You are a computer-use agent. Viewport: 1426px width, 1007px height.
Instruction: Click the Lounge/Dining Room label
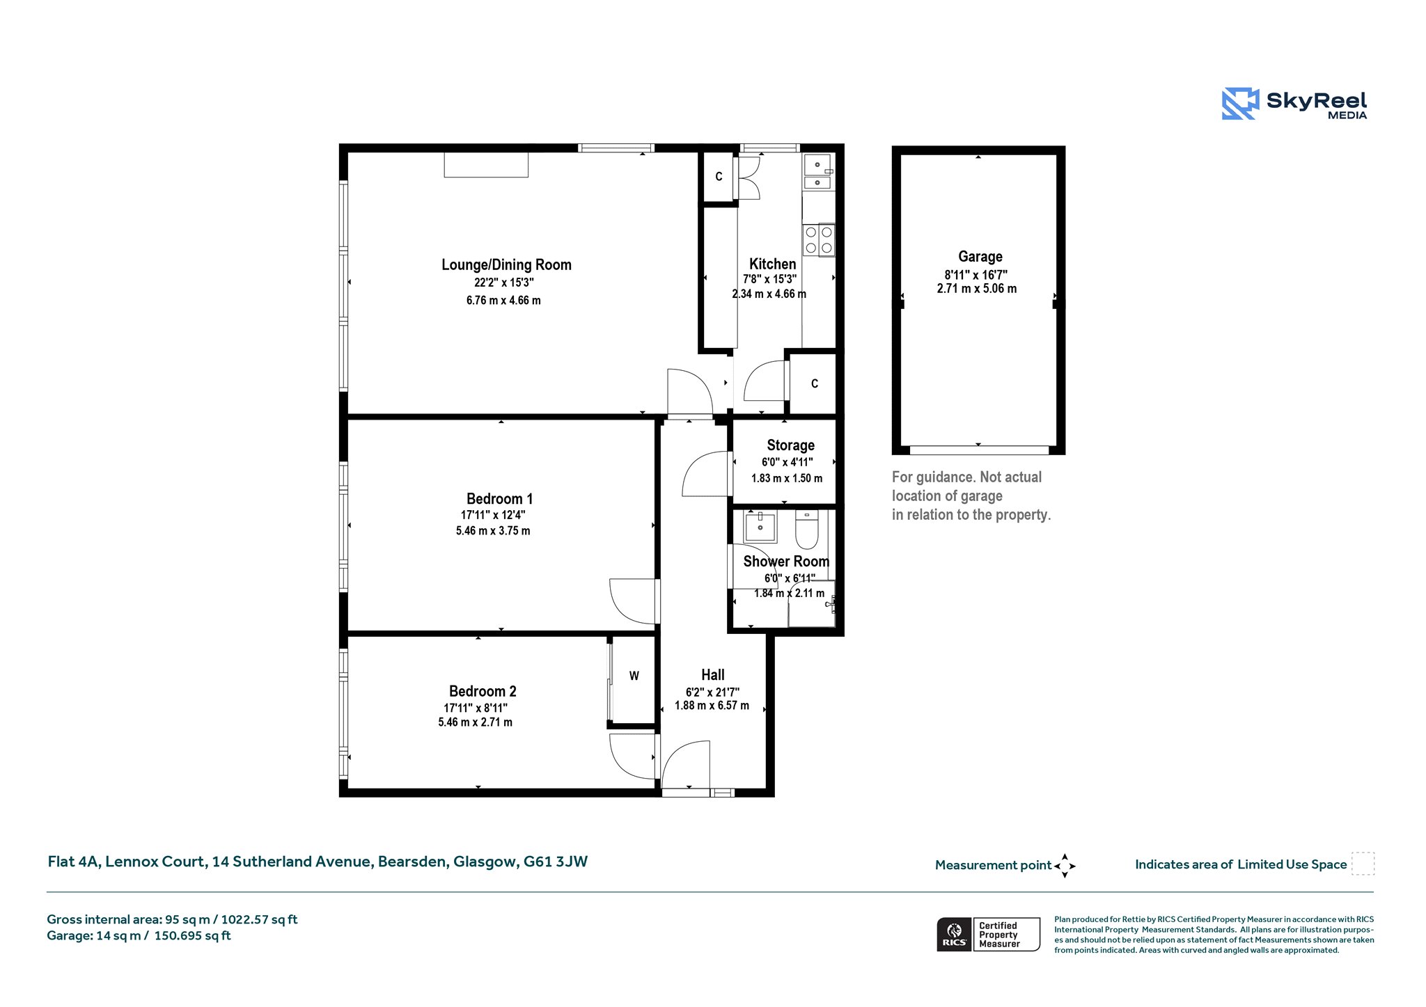[x=506, y=264]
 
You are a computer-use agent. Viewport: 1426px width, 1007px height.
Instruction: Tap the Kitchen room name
[x=772, y=264]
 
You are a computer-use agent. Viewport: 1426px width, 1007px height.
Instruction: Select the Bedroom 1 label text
[x=499, y=498]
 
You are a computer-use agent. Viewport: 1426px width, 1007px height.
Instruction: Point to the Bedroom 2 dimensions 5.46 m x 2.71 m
[x=475, y=722]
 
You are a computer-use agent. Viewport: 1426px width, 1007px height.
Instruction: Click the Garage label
[x=980, y=256]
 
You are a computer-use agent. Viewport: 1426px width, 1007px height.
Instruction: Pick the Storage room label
[x=790, y=445]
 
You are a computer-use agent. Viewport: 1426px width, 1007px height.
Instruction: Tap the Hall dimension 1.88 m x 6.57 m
[x=712, y=706]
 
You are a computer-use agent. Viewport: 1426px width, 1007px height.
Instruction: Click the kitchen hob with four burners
[x=818, y=239]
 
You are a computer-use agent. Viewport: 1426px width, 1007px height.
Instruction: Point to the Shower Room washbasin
[x=760, y=527]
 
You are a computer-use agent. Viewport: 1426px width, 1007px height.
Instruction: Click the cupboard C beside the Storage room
[x=813, y=383]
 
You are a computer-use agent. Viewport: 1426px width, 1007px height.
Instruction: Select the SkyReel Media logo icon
[x=1240, y=104]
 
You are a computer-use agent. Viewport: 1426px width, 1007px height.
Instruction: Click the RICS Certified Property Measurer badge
[x=988, y=934]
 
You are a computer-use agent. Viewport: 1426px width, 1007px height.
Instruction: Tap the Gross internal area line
[x=172, y=919]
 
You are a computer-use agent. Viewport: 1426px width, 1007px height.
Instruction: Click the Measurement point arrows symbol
[x=1065, y=866]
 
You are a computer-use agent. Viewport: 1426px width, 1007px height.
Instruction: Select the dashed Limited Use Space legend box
[x=1363, y=864]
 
